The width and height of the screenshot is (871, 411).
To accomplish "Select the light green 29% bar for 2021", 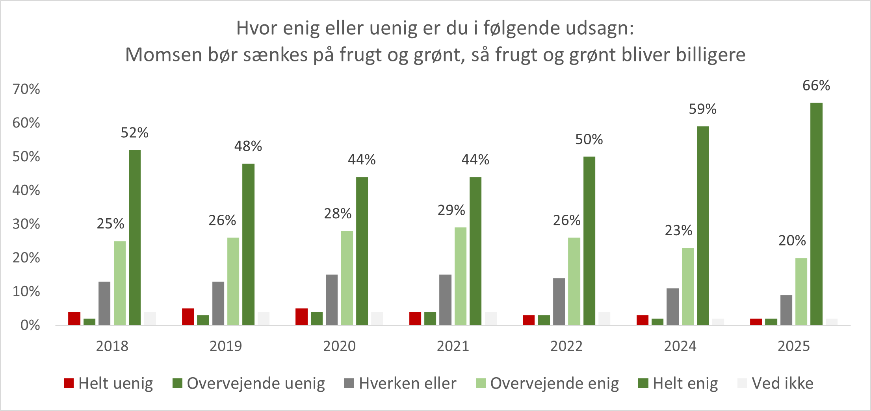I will pos(460,276).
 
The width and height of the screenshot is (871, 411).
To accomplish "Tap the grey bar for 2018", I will pos(104,303).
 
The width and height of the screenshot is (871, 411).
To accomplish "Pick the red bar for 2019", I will pos(188,317).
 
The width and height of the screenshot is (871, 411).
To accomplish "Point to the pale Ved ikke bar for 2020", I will pos(377,319).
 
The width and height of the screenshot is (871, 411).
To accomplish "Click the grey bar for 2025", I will pos(786,310).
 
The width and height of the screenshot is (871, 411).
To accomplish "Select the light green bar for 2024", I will pos(688,286).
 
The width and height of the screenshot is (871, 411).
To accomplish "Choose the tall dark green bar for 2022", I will pos(589,241).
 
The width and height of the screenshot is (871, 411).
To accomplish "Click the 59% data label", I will pos(702,109).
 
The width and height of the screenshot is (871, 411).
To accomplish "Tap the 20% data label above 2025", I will pos(792,240).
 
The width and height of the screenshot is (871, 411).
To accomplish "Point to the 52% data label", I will pos(134,133).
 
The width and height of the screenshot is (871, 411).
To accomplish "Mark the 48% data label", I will pos(248,146).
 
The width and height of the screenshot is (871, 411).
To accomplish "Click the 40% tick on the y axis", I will pos(26,190).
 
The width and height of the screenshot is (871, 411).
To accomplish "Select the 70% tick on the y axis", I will pos(26,89).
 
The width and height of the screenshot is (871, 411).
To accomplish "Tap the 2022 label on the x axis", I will pos(566,346).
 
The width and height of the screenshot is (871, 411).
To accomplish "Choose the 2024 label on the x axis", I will pos(680,346).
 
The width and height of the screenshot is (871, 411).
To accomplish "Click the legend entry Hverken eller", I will pos(407,383).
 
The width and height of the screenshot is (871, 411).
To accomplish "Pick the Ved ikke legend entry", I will pos(782,383).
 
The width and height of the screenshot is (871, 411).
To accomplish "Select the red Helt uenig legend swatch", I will pos(69,383).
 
